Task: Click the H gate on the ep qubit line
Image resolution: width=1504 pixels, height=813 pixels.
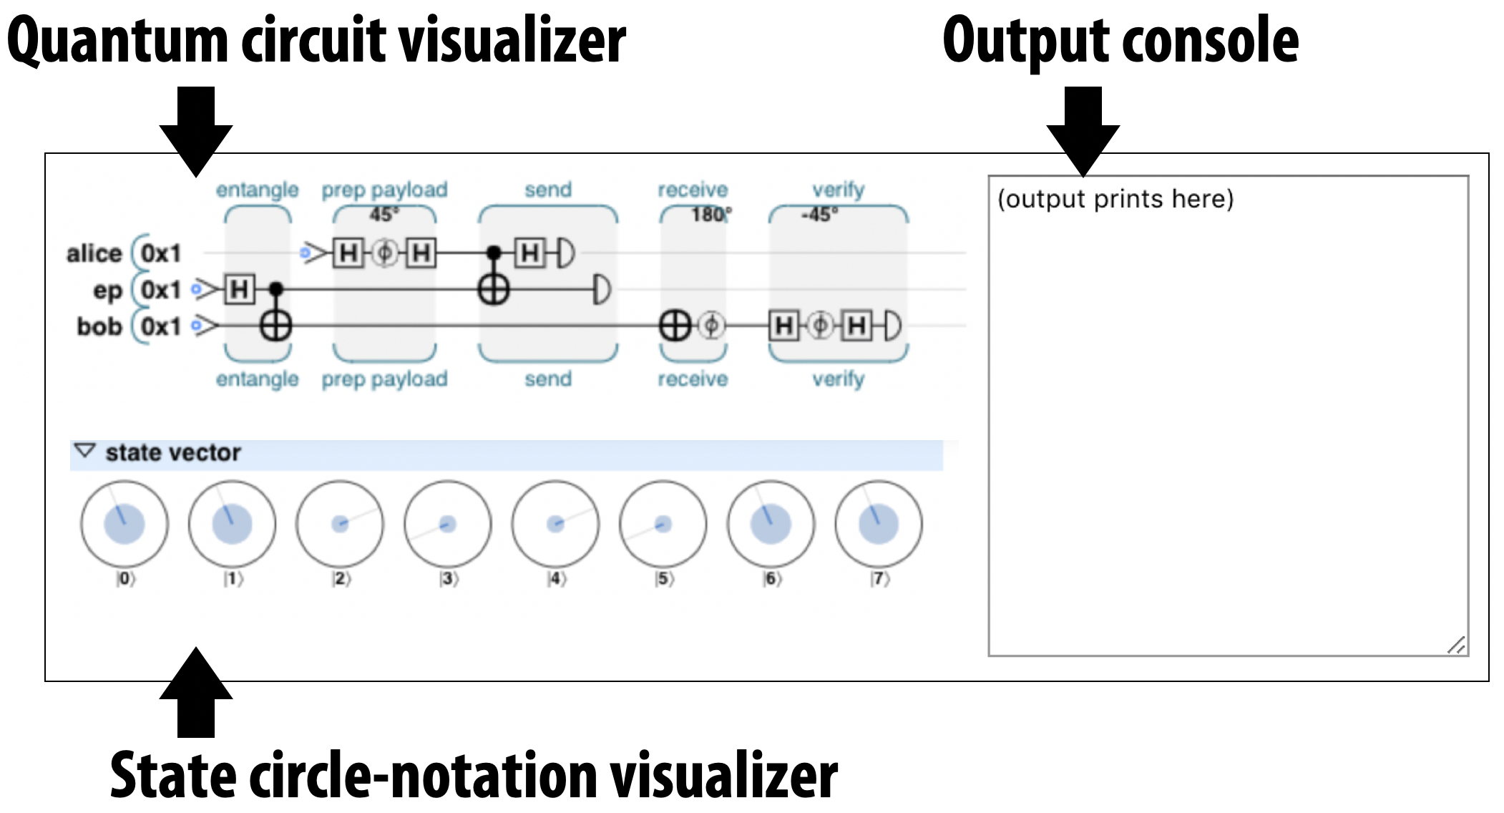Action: click(x=240, y=290)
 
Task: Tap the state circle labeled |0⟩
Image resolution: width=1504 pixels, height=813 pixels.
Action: click(x=124, y=524)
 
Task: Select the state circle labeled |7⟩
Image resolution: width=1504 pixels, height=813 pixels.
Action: click(x=879, y=524)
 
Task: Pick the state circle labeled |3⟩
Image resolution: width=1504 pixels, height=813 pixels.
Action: click(x=448, y=524)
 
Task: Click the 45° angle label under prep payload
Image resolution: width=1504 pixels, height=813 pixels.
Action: click(x=384, y=214)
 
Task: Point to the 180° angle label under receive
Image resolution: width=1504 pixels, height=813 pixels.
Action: click(x=711, y=214)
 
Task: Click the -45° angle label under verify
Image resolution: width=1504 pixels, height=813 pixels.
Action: click(x=820, y=214)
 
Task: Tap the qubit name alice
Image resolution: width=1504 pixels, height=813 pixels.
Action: click(x=94, y=253)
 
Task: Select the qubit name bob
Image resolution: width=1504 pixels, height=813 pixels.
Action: click(x=99, y=326)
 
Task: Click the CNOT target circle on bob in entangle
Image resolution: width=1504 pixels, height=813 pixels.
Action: click(x=275, y=326)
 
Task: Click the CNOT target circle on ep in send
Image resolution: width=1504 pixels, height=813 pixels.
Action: click(x=494, y=290)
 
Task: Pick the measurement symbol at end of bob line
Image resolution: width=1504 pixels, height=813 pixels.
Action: click(x=892, y=326)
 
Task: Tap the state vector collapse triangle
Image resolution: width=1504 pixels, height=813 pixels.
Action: click(x=85, y=452)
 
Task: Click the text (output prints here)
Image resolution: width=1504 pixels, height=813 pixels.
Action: click(x=1115, y=199)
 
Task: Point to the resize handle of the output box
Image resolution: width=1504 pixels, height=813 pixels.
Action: click(x=1456, y=645)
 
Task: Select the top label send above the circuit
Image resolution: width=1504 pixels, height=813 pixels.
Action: click(x=548, y=190)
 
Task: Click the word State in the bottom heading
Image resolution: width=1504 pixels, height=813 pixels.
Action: click(x=172, y=776)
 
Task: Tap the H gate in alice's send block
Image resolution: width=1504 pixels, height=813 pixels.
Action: click(x=530, y=253)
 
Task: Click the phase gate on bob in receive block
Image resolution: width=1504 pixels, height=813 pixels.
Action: click(x=711, y=326)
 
